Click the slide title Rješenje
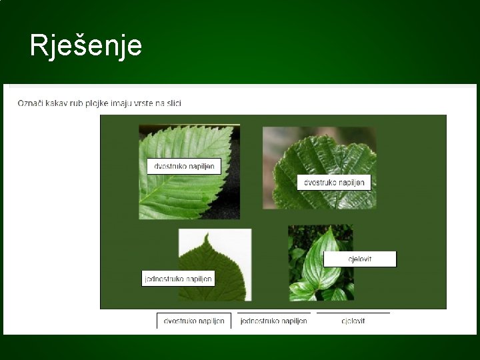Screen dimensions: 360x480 [85, 45]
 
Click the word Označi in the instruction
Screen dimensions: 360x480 [31, 103]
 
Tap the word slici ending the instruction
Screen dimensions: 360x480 [173, 103]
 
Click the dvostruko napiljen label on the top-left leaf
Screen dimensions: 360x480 [184, 166]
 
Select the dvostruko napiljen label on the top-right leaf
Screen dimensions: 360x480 [333, 182]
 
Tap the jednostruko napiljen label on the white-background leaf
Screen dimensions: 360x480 [179, 278]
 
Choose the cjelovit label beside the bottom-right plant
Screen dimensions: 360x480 [360, 259]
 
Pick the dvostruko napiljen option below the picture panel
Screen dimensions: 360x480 [194, 321]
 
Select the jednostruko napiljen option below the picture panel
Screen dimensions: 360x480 [273, 321]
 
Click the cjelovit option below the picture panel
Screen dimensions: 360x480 [353, 321]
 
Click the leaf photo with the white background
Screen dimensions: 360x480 [227, 260]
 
